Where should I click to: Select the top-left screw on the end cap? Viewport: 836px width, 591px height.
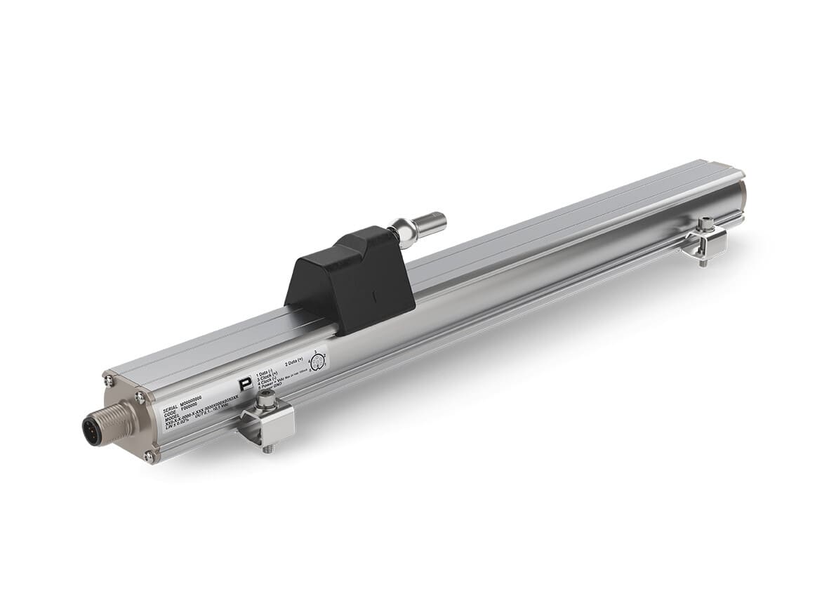109,380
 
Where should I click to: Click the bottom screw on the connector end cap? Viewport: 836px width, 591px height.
149,456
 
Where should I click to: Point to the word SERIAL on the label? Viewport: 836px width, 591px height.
170,408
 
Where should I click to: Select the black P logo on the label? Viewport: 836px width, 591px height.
244,384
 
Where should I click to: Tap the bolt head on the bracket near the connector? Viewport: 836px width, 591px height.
265,401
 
